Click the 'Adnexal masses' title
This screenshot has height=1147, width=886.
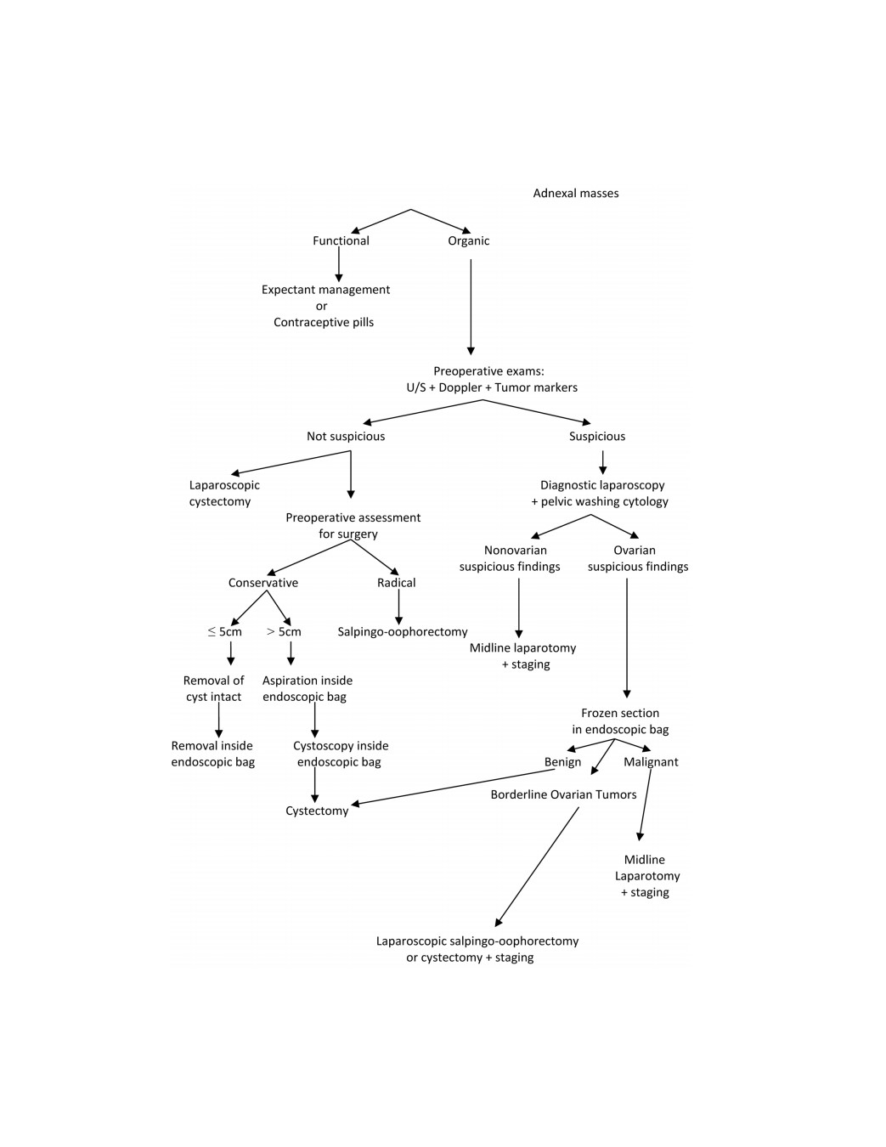pos(575,193)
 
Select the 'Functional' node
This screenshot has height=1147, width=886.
pos(341,240)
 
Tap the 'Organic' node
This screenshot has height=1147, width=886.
pos(469,241)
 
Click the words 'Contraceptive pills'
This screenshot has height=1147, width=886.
pos(324,323)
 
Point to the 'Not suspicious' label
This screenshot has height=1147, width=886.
pos(346,437)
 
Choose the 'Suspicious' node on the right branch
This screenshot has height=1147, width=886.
pos(597,437)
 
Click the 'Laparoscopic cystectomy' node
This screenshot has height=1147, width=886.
pos(224,493)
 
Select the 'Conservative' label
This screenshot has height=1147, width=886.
pos(262,583)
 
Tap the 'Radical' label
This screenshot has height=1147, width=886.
pos(397,583)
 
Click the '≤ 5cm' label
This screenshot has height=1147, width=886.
pos(225,632)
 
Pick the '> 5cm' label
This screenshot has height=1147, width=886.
pos(284,632)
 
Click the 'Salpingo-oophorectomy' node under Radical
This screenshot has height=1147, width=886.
pos(403,632)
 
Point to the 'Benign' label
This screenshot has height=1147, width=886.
pos(562,762)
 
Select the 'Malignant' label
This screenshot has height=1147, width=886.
pos(651,762)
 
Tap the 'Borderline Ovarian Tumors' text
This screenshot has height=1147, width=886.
pos(563,795)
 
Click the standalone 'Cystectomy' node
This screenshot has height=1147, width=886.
pos(317,811)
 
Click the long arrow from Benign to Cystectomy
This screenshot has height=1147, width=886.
pos(454,787)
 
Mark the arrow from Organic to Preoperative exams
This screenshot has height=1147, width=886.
pos(471,308)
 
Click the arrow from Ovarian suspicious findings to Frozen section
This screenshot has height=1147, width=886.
pos(627,638)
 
